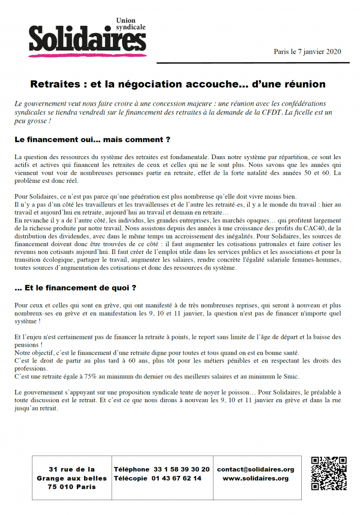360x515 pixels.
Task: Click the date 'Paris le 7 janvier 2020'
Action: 307,51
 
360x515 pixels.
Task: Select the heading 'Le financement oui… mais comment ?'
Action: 93,140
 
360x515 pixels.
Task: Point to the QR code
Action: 329,473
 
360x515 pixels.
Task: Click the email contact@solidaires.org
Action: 255,469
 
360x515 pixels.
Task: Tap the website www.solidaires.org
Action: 255,478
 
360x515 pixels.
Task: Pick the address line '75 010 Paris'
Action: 72,487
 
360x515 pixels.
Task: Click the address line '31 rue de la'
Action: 72,469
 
